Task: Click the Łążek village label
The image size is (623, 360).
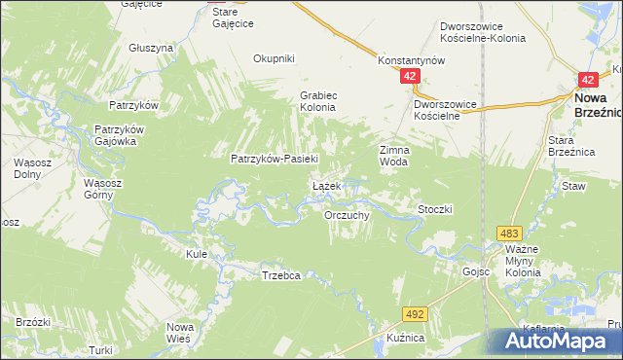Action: [325, 185]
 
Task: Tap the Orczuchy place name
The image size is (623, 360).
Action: [346, 215]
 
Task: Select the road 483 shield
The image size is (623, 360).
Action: [509, 234]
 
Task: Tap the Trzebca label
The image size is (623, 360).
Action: [280, 275]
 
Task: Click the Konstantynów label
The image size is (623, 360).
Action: [411, 60]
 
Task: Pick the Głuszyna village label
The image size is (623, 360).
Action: [151, 47]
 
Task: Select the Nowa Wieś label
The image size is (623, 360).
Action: [180, 332]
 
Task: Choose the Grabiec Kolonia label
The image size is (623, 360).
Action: [317, 101]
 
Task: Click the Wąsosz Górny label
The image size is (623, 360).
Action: [99, 189]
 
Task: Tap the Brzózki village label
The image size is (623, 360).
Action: [33, 320]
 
